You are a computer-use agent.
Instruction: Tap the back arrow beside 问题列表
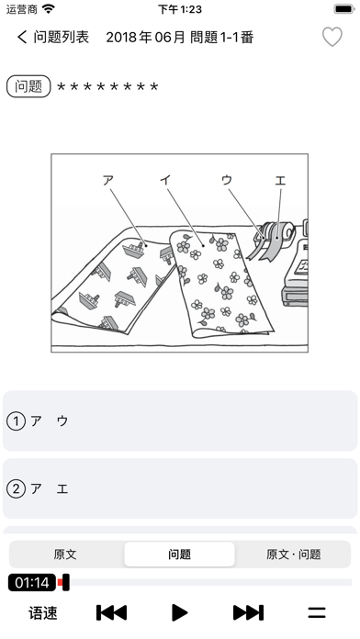(22, 37)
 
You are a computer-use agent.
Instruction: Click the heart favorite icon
(332, 37)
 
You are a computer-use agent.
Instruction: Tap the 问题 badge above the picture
(28, 86)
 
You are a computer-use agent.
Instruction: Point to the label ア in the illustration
(107, 180)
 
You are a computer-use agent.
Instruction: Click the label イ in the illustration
(165, 180)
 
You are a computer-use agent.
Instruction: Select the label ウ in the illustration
(227, 180)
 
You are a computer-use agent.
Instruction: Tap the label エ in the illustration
(280, 180)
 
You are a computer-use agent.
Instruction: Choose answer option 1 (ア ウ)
(180, 421)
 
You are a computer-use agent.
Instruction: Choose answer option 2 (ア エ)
(180, 488)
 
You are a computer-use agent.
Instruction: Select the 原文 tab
(65, 555)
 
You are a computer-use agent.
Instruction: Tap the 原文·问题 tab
(293, 555)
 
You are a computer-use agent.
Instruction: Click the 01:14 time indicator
(32, 582)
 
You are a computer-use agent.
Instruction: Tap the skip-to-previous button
(112, 612)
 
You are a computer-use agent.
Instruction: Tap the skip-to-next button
(248, 612)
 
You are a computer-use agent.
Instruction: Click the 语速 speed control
(43, 613)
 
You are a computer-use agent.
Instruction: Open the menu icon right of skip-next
(316, 612)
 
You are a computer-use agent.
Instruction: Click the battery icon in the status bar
(344, 9)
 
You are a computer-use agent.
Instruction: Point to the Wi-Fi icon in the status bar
(49, 9)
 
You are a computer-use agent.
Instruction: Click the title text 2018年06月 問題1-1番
(180, 38)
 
